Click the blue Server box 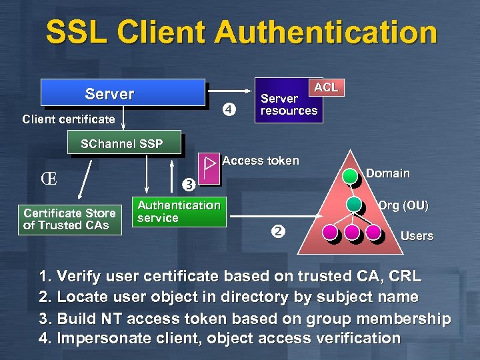click(x=123, y=93)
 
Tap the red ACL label click(x=326, y=87)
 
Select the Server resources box click(x=288, y=105)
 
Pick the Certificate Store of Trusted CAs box click(x=69, y=219)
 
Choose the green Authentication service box click(x=179, y=212)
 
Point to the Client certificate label click(x=69, y=120)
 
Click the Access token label click(x=261, y=161)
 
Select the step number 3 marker click(x=189, y=183)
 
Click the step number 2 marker click(x=278, y=232)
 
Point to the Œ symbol click(x=49, y=179)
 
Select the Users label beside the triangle click(x=417, y=236)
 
